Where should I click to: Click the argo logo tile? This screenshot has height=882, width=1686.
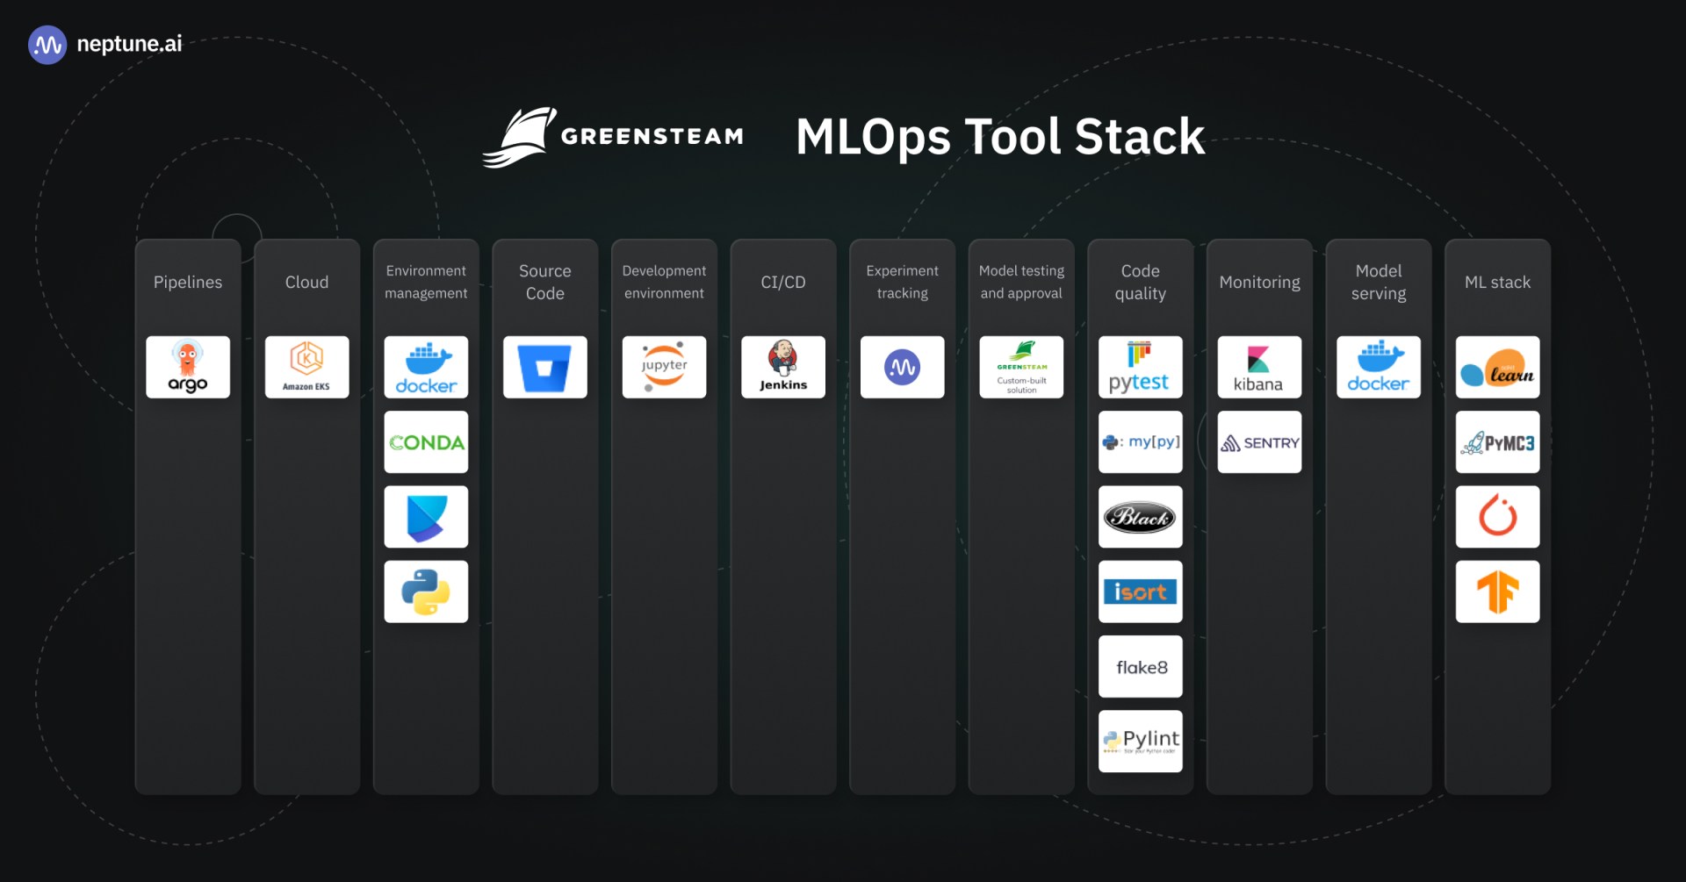click(188, 367)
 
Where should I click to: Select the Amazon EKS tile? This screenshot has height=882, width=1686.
click(306, 367)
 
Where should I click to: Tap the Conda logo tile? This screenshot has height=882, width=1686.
click(426, 442)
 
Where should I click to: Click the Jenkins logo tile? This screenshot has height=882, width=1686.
click(783, 367)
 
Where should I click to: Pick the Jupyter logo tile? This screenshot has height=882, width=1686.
click(664, 367)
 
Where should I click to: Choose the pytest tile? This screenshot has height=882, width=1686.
click(1140, 367)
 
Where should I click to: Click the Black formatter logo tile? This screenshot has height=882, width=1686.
click(1140, 517)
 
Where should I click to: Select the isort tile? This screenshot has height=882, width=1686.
click(1140, 592)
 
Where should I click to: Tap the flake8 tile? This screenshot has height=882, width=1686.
click(1140, 667)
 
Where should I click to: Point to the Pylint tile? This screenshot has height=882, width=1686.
click(1140, 742)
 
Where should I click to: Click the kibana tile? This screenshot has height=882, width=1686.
click(1259, 367)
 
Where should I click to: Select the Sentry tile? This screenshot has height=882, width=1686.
click(1259, 442)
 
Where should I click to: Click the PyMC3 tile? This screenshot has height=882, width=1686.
click(1497, 442)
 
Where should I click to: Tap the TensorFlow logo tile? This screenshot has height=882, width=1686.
click(1497, 592)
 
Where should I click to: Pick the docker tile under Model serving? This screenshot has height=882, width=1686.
click(1378, 367)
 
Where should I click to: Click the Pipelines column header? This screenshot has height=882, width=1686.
click(188, 282)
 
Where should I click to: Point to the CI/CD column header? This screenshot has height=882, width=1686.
click(783, 282)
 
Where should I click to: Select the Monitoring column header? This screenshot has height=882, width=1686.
click(1259, 282)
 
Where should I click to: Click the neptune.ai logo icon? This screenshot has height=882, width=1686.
click(47, 45)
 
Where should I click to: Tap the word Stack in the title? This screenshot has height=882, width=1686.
click(1139, 137)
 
